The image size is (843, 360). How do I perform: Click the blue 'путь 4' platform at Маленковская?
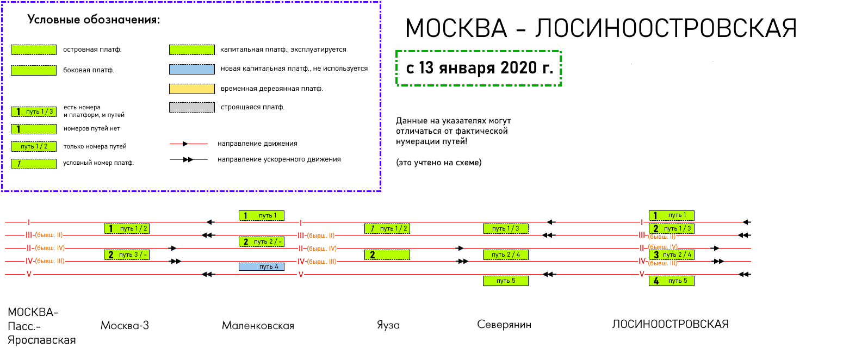click(x=261, y=266)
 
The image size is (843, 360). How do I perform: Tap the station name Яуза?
click(x=388, y=325)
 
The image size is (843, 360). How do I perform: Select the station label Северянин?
click(x=504, y=325)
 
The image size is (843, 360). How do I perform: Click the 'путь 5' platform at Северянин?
click(x=505, y=281)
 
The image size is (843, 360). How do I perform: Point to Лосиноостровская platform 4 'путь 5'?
click(x=671, y=281)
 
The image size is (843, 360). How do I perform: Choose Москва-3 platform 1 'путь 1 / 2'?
click(x=126, y=228)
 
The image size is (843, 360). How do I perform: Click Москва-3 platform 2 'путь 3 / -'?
click(x=126, y=255)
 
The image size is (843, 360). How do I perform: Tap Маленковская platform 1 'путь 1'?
click(x=261, y=215)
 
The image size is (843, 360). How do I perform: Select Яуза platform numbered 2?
click(x=387, y=255)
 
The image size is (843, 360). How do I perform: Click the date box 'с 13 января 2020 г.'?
click(x=479, y=69)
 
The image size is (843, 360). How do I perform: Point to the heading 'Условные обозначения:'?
click(x=94, y=21)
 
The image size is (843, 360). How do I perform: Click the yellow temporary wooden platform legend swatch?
click(x=191, y=89)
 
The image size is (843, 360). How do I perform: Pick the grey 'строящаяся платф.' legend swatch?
click(x=191, y=107)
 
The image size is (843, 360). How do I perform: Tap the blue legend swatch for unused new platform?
click(x=191, y=69)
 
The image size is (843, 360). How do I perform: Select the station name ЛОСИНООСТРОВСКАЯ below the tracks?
click(x=670, y=324)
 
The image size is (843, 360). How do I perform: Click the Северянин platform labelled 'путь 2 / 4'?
click(x=505, y=255)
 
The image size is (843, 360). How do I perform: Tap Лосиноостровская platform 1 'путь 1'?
click(x=671, y=215)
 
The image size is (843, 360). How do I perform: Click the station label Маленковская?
click(x=258, y=326)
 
